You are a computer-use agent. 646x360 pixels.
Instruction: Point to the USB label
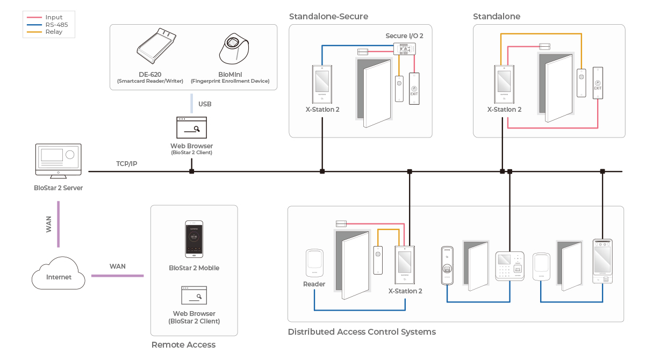pyautogui.click(x=205, y=104)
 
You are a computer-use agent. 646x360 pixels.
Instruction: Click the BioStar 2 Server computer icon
pyautogui.click(x=58, y=161)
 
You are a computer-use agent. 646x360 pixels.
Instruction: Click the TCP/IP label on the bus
pyautogui.click(x=126, y=163)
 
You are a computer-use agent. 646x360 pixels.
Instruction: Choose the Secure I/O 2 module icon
pyautogui.click(x=405, y=48)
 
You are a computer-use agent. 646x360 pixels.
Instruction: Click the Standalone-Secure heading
pyautogui.click(x=328, y=17)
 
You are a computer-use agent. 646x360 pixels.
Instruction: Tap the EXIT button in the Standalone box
pyautogui.click(x=598, y=83)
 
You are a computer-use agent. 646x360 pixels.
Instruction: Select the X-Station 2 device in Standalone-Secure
pyautogui.click(x=322, y=84)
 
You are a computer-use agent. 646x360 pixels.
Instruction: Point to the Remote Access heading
pyautogui.click(x=183, y=345)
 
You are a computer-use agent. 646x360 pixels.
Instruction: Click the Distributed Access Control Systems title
pyautogui.click(x=362, y=332)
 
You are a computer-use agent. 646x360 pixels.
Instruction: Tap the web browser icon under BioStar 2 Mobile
pyautogui.click(x=194, y=296)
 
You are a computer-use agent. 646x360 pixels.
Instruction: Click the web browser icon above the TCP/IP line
pyautogui.click(x=191, y=128)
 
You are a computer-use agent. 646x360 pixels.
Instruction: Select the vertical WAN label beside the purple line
pyautogui.click(x=49, y=224)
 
